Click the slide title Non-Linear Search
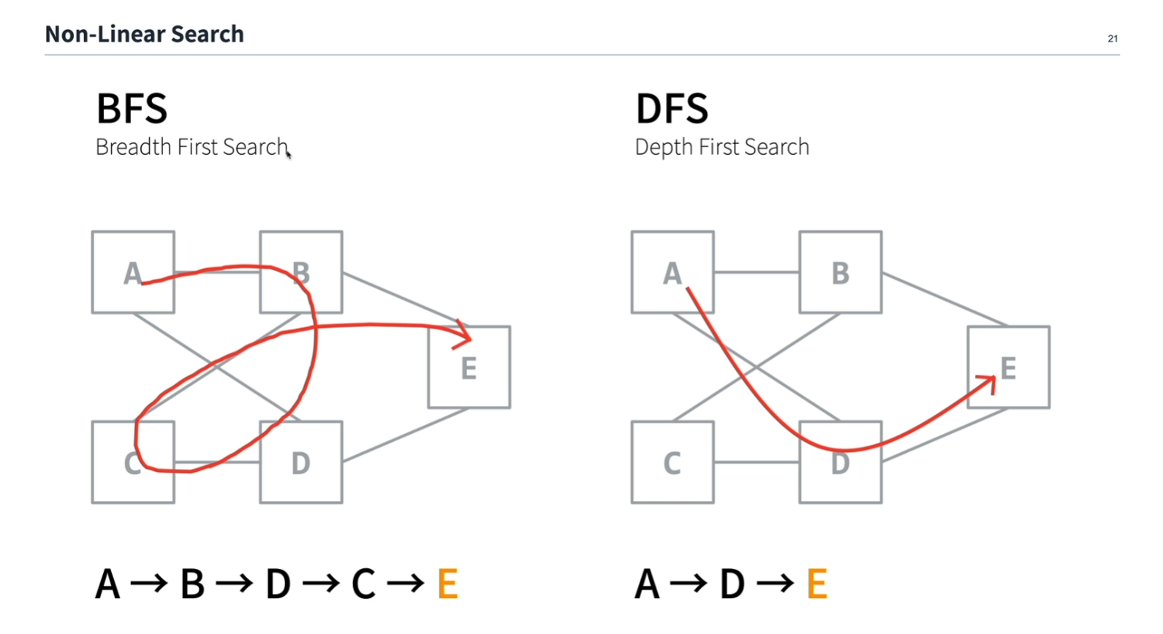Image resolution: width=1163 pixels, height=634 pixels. [x=144, y=34]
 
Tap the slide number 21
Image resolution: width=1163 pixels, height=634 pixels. [x=1113, y=39]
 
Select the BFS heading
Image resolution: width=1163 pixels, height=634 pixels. [x=132, y=109]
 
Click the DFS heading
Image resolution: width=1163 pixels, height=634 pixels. [x=672, y=109]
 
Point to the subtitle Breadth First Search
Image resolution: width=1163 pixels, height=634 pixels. [x=192, y=147]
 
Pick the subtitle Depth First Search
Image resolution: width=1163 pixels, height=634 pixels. [x=721, y=147]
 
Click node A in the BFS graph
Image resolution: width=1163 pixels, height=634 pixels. [x=133, y=272]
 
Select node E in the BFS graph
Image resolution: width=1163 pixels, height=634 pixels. [x=469, y=367]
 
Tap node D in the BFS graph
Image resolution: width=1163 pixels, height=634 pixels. [x=301, y=462]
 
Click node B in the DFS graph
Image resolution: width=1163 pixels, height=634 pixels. [x=841, y=272]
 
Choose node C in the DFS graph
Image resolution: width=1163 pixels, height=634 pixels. [x=673, y=462]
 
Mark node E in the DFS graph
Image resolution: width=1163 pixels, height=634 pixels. [x=1009, y=367]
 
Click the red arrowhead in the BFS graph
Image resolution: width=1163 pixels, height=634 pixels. [x=465, y=335]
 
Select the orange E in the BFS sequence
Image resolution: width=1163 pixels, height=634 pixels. [x=447, y=584]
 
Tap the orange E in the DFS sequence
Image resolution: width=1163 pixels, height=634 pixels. [x=817, y=584]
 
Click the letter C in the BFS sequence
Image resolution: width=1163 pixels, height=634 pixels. [x=363, y=584]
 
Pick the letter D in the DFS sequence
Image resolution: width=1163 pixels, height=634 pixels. [x=732, y=584]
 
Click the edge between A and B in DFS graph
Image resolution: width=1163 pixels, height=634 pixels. [x=757, y=272]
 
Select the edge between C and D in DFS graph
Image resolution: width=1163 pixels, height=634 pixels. [x=757, y=462]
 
